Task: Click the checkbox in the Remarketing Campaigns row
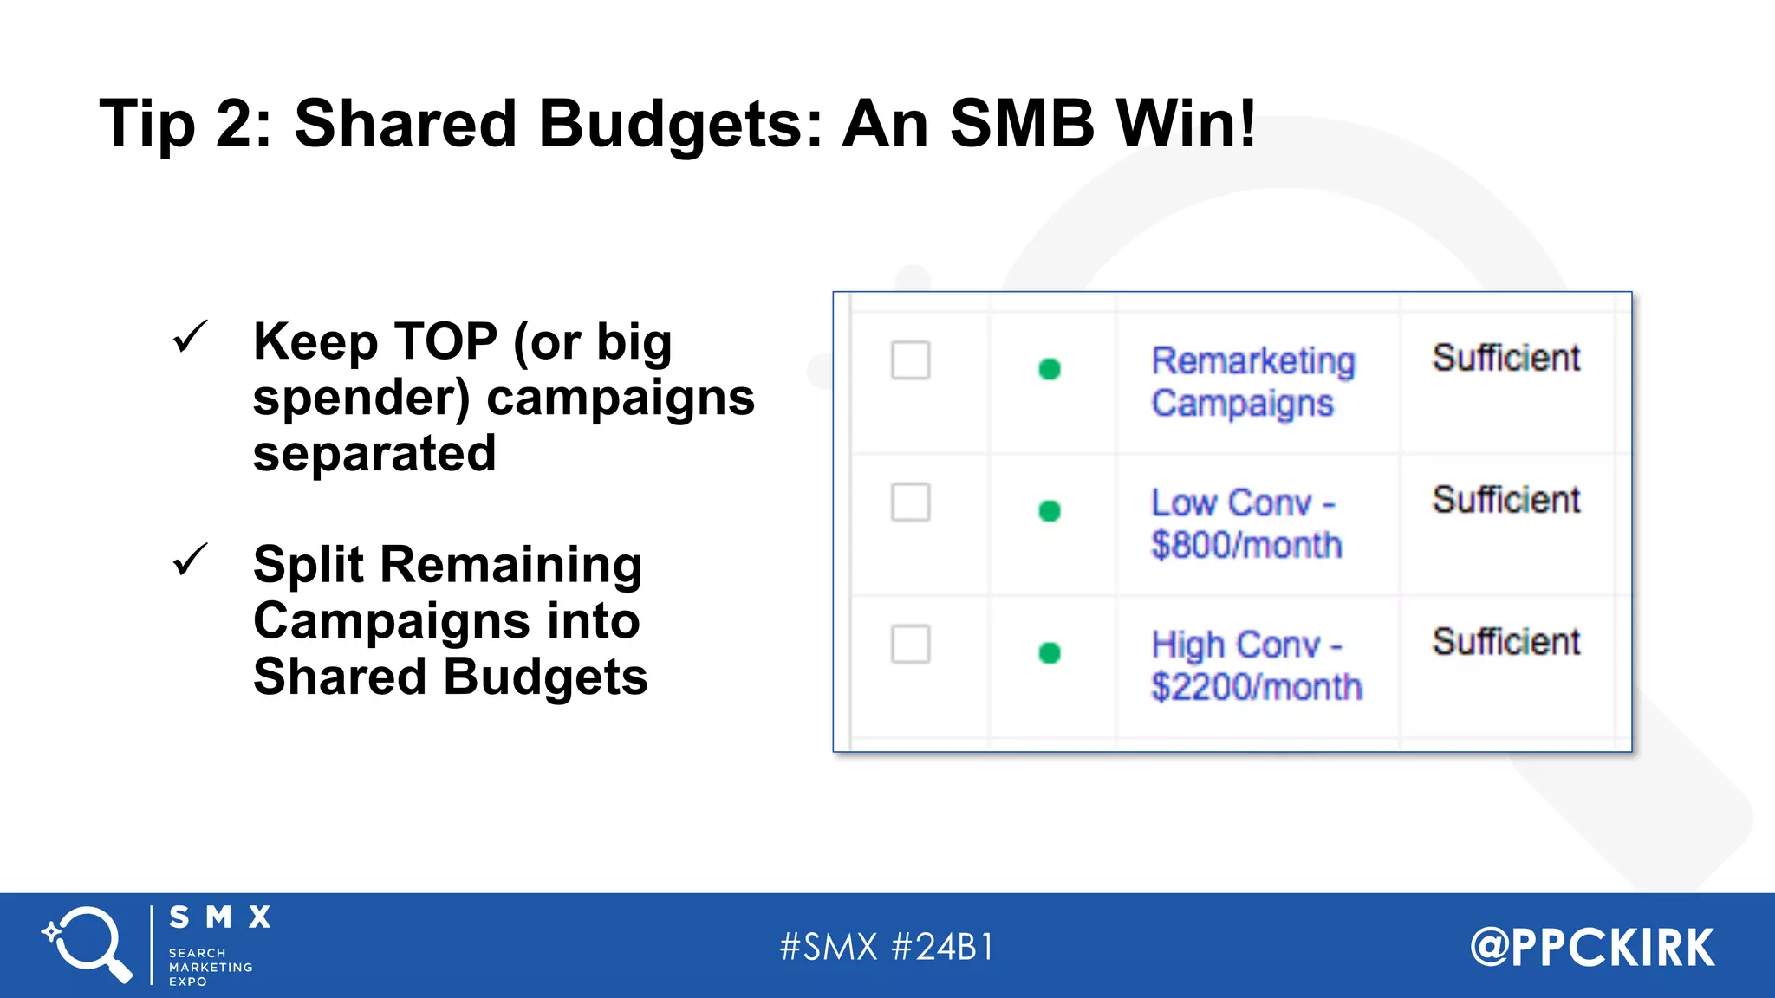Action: pyautogui.click(x=910, y=360)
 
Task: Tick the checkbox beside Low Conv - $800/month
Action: pyautogui.click(x=910, y=502)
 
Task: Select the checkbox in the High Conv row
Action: pyautogui.click(x=910, y=644)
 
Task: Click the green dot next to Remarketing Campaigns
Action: pyautogui.click(x=1050, y=369)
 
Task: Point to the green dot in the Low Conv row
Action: pyautogui.click(x=1050, y=511)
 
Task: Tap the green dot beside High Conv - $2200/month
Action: pyautogui.click(x=1050, y=652)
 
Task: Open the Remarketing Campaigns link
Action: pyautogui.click(x=1252, y=381)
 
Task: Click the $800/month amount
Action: pyautogui.click(x=1246, y=546)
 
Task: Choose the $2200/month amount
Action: pyautogui.click(x=1257, y=687)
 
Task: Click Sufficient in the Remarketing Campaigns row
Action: pyautogui.click(x=1505, y=358)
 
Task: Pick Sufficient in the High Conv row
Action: pyautogui.click(x=1505, y=642)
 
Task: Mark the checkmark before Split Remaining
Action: pyautogui.click(x=190, y=560)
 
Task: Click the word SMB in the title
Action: pyautogui.click(x=1022, y=123)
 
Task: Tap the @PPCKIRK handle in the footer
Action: pyautogui.click(x=1592, y=947)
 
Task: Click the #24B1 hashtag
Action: pyautogui.click(x=943, y=947)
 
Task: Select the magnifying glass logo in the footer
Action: pyautogui.click(x=87, y=944)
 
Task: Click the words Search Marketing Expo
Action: pyautogui.click(x=210, y=967)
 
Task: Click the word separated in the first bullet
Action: pyautogui.click(x=374, y=453)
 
